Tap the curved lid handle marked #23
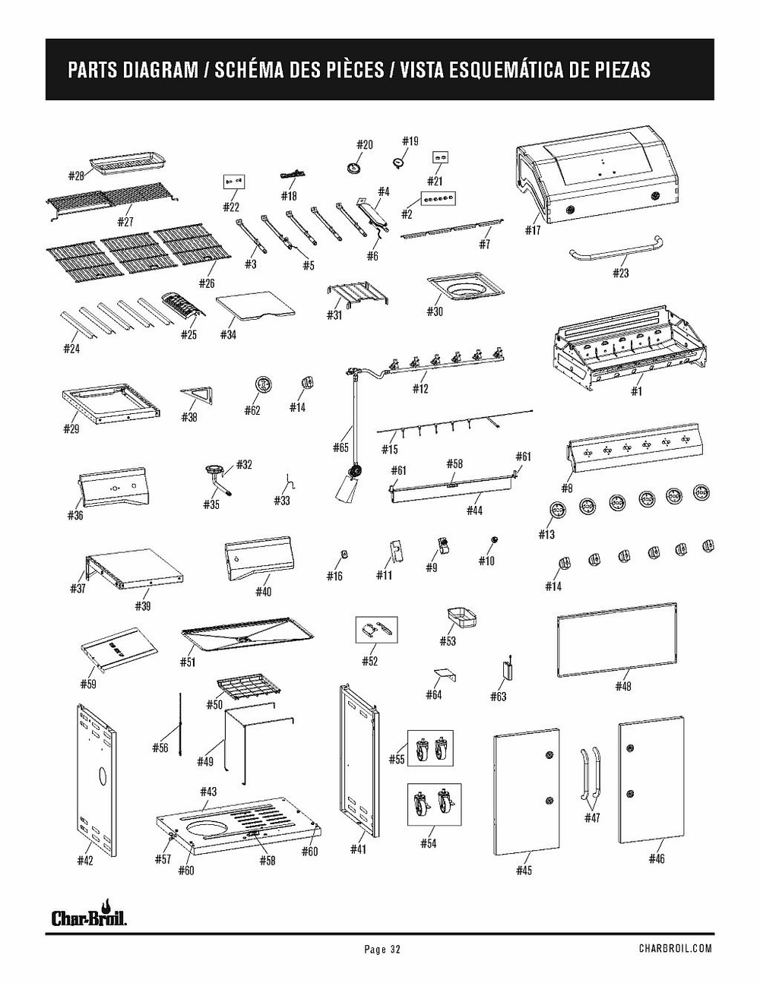(x=616, y=251)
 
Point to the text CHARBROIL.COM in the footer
(x=675, y=948)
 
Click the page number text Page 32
(x=382, y=949)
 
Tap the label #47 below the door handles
(x=592, y=817)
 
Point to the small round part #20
(x=354, y=167)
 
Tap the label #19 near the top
(x=410, y=141)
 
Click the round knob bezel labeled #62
(x=262, y=386)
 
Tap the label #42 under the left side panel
(x=85, y=860)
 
